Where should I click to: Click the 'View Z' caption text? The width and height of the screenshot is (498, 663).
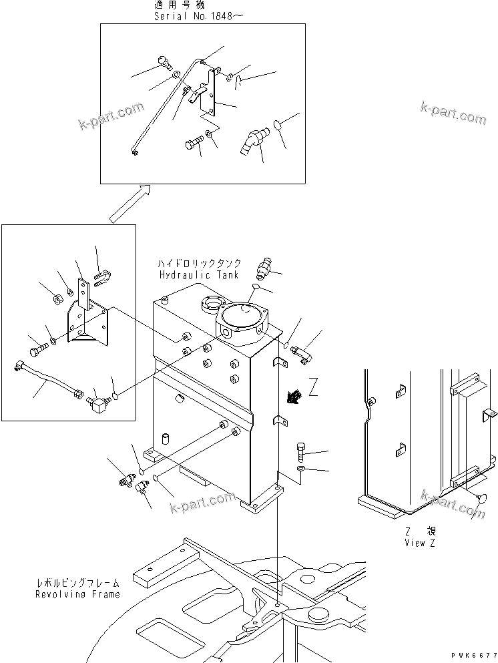(420, 543)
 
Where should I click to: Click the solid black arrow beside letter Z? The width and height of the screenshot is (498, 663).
(291, 399)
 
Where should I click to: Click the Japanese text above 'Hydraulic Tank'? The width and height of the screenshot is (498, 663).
(198, 264)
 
